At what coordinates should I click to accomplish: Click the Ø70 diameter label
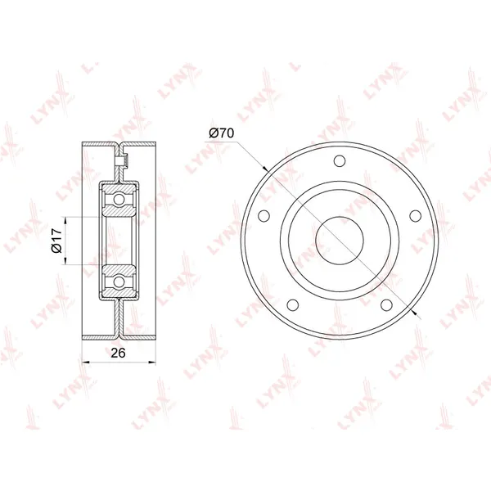point(222,133)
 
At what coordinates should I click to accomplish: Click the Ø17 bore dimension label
point(56,241)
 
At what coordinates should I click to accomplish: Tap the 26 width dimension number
point(119,353)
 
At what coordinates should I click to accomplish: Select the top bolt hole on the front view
point(340,161)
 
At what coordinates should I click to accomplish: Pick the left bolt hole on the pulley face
point(264,216)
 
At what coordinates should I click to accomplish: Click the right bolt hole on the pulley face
point(416,216)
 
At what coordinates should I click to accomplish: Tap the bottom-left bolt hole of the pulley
point(292,304)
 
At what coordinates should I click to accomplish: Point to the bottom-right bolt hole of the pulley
point(386,304)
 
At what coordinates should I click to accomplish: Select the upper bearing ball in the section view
point(119,199)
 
